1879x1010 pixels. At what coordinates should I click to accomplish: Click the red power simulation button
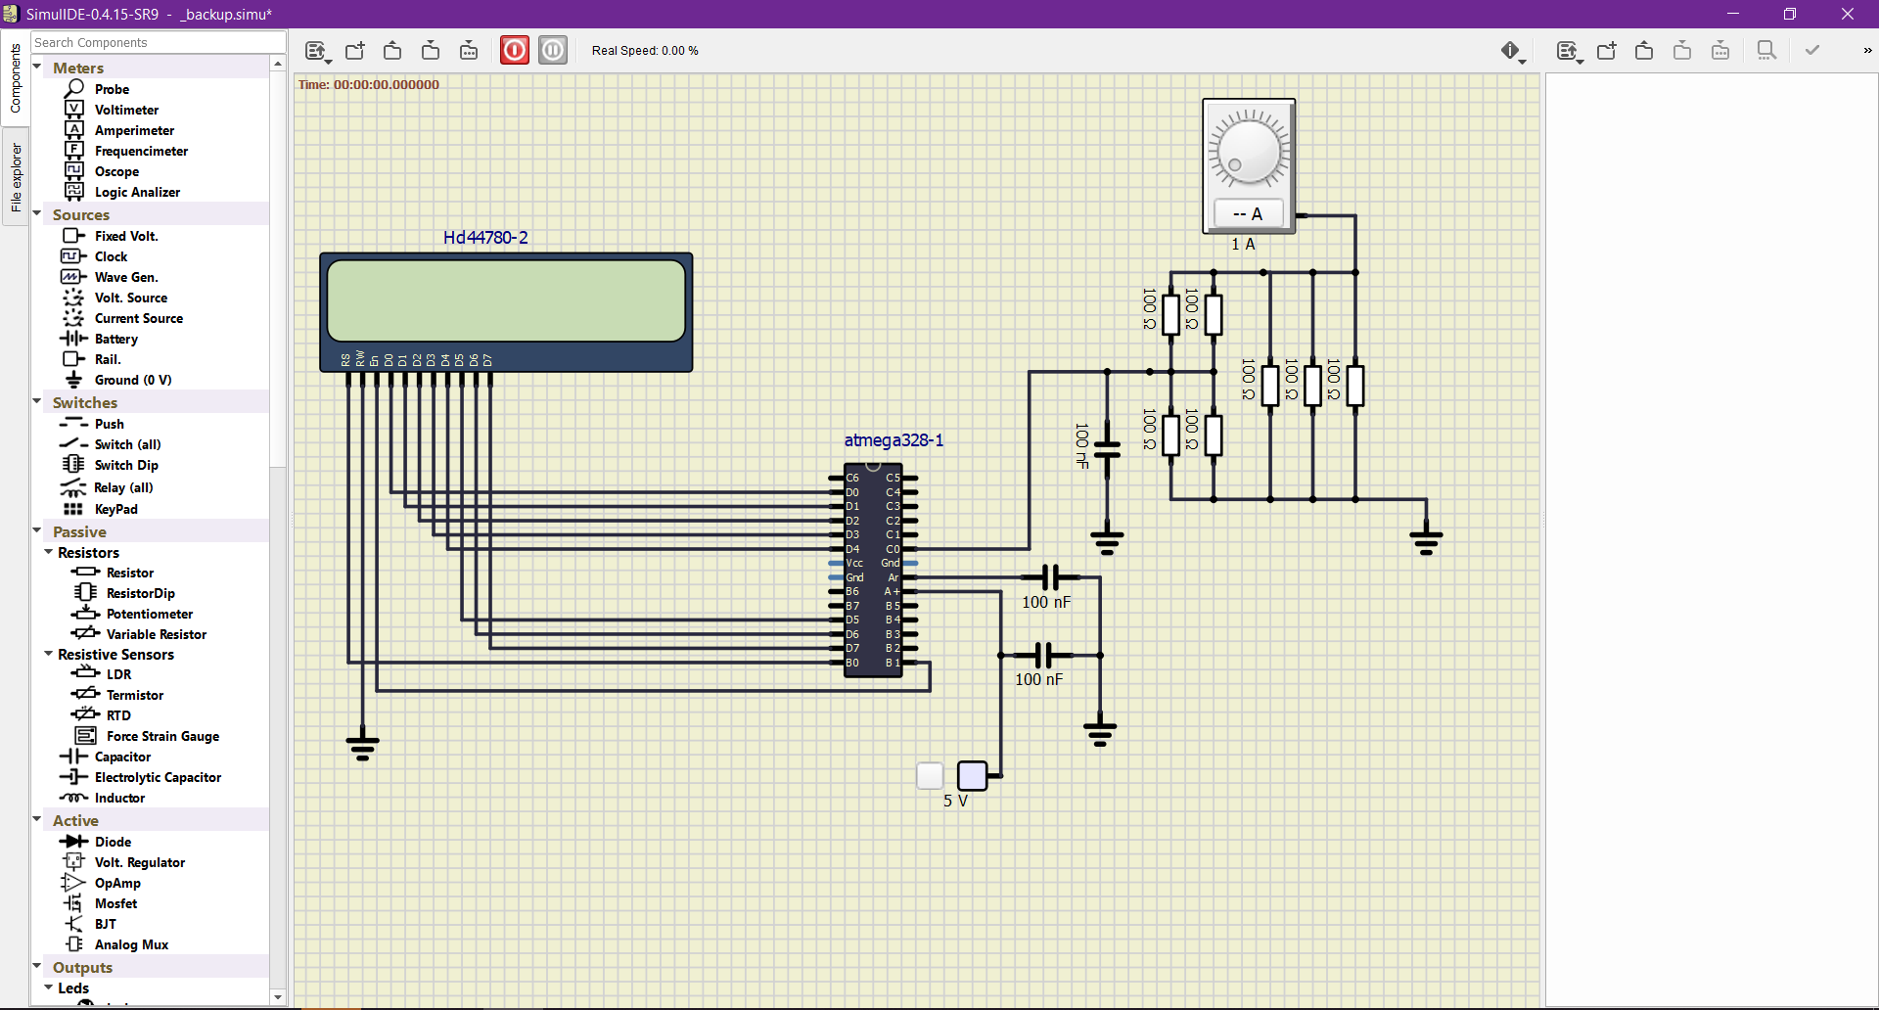515,50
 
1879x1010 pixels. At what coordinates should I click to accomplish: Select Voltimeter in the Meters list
125,110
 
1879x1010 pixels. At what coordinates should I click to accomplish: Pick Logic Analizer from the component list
136,192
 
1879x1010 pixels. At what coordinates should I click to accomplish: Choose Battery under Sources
115,339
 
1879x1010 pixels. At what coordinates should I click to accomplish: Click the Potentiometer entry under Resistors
149,614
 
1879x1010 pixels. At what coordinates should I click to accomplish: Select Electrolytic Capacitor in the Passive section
157,777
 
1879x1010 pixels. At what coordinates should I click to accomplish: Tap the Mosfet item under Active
115,903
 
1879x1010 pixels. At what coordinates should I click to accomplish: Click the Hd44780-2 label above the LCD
485,238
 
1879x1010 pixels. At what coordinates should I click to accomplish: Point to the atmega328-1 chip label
894,440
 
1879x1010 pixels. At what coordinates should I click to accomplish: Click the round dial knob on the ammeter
1249,151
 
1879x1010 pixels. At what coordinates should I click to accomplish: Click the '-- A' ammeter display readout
1248,213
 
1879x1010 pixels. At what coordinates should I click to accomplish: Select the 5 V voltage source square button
972,775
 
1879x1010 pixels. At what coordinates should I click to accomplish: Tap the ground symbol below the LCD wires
362,746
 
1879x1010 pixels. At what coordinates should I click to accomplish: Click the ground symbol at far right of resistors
1426,539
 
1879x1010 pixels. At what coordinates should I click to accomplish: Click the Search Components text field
157,42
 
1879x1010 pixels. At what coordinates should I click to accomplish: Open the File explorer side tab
16,177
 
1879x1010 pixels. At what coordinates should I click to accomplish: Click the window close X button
1848,14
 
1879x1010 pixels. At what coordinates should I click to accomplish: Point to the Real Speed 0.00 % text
645,51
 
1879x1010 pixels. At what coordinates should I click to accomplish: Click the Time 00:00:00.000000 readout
369,85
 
